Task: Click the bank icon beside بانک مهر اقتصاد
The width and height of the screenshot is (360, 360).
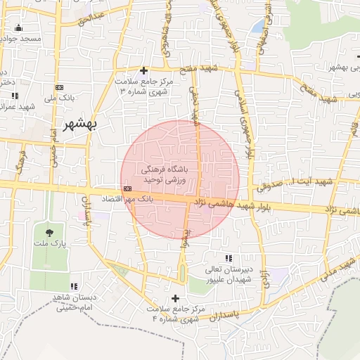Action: click(127, 189)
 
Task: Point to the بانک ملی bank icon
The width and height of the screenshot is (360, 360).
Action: click(58, 87)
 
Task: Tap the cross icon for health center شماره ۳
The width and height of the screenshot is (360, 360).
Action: click(143, 70)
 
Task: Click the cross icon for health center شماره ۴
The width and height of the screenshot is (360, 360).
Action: click(175, 298)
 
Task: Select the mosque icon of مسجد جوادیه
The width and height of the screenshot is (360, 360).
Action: click(18, 28)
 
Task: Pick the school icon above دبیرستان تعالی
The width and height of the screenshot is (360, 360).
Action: click(227, 259)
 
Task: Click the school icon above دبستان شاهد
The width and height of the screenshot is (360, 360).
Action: click(77, 287)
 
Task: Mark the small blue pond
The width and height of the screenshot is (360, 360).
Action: click(259, 27)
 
